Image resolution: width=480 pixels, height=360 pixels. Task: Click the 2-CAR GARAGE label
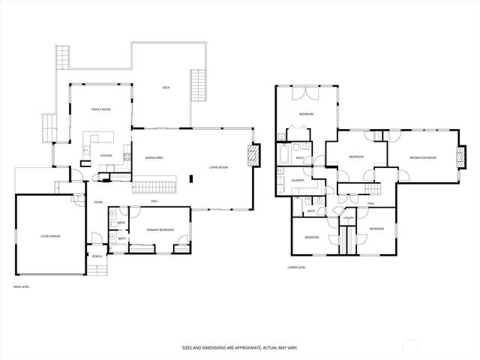51,236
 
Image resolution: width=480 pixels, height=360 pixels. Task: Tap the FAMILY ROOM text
101,109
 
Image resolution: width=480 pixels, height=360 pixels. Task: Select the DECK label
166,88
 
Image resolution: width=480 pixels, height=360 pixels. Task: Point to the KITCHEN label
106,156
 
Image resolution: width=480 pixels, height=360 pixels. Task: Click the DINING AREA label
154,157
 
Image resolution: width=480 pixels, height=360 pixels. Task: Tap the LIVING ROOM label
218,167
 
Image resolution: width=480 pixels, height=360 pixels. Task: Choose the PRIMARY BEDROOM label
160,229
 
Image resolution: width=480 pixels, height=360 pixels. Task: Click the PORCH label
97,256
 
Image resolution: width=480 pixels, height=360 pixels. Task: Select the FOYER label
97,202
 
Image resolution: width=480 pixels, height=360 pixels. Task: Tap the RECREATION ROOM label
423,157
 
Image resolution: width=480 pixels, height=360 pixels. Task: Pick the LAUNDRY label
297,181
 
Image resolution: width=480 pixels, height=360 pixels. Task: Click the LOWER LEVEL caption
297,267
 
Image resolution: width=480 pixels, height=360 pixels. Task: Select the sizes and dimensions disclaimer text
239,347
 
